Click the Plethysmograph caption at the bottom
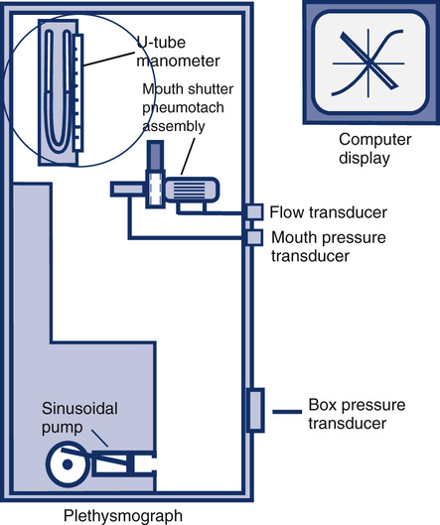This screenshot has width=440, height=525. pos(123,516)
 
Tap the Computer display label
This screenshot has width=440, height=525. pos(375,149)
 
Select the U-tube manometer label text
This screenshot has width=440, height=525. pos(178,52)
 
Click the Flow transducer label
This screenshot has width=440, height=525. pos(329,212)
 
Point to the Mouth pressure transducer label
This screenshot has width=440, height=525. pos(329,247)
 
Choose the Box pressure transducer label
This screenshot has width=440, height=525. pos(357,414)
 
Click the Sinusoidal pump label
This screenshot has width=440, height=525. pos(79,418)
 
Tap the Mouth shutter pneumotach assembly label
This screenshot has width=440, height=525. pos(188,108)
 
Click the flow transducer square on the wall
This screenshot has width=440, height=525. pos(254,212)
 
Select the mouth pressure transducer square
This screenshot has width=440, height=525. pos(254,237)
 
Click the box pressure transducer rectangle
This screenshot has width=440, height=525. pos(255,410)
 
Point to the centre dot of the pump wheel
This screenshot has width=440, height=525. pos(68,464)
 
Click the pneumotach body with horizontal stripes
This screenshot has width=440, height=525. pos(192,191)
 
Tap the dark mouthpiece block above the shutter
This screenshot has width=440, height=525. pos(155,156)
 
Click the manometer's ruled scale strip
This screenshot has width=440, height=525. pos(77,92)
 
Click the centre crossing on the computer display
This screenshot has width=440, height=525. pos(368,63)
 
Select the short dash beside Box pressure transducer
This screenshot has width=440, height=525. pos(287,412)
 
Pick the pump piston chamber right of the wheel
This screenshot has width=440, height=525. pos(123,463)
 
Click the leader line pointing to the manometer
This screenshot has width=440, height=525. pos(109,59)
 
